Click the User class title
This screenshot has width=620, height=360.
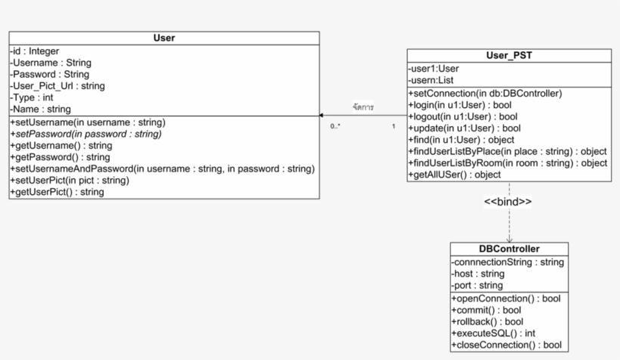pos(164,38)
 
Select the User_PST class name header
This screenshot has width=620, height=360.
pos(509,55)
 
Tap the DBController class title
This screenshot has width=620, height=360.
pos(510,249)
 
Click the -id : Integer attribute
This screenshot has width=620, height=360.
pos(35,51)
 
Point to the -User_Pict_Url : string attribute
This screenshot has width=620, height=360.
pos(57,86)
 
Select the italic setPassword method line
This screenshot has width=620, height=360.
pos(85,134)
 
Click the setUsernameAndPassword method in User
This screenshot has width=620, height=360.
pos(163,169)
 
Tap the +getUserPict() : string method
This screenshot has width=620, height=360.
pos(57,192)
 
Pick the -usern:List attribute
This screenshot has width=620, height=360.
pos(431,80)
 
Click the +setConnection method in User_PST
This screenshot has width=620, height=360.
pos(485,93)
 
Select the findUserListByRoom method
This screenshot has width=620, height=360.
pos(507,163)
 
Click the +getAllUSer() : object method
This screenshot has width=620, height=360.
pos(454,175)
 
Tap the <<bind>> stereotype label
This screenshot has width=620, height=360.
pos(507,202)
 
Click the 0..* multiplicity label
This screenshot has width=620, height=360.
pos(335,126)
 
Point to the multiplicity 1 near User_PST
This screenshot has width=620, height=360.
pos(393,126)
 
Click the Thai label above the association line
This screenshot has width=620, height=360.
pos(364,107)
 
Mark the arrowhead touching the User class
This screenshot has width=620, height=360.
pos(321,116)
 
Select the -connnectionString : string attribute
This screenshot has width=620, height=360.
pos(507,262)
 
